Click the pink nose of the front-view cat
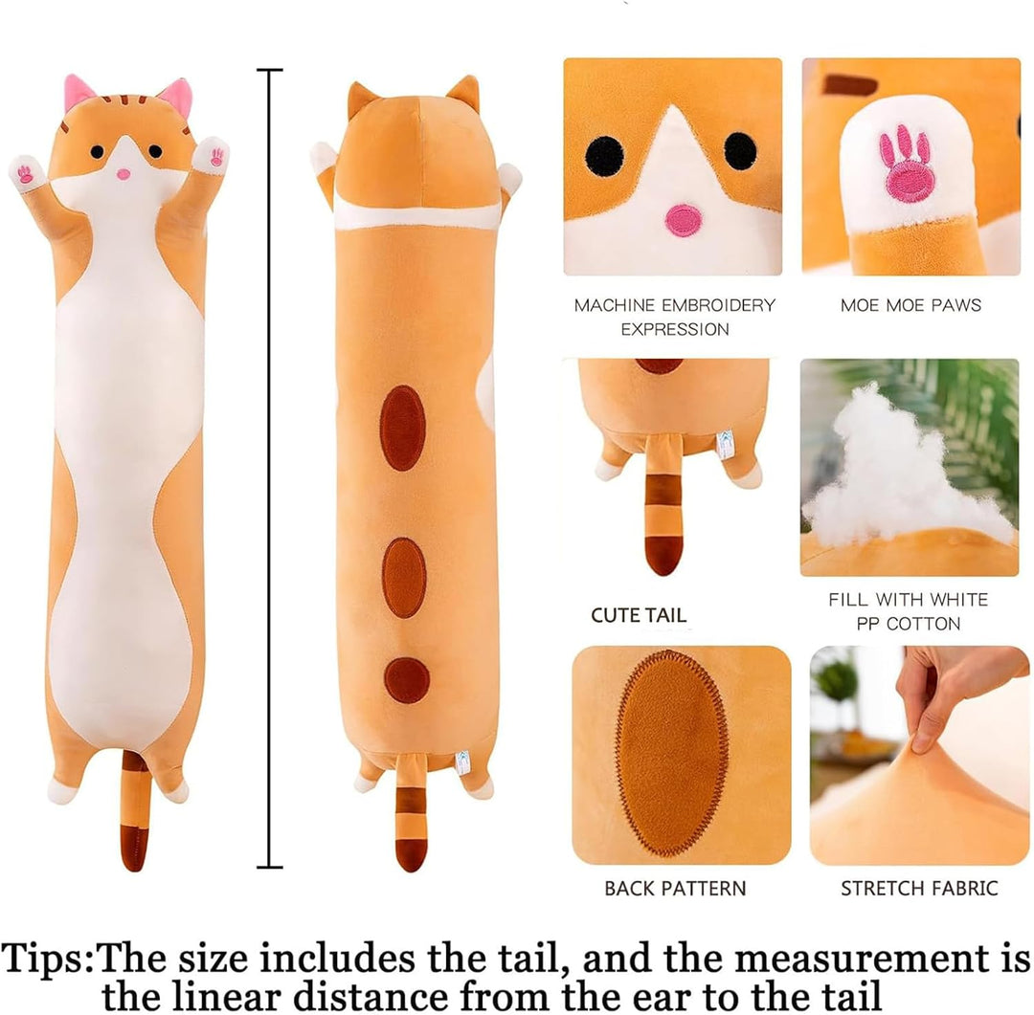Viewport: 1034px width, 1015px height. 124,174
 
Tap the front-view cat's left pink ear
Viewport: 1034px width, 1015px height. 79,93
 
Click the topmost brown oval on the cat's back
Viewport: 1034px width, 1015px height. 402,428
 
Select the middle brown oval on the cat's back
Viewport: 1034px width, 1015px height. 404,577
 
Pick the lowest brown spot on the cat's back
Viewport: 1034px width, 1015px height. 406,679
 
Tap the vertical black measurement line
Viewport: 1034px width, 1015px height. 271,469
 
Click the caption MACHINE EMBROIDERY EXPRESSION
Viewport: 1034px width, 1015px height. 674,317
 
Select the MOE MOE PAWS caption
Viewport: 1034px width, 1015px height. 910,305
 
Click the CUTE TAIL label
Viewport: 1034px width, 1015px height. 639,615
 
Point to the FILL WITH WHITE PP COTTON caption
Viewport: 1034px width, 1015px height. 909,611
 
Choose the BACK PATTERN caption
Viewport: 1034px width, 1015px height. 674,888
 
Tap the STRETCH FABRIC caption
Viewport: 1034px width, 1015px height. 919,888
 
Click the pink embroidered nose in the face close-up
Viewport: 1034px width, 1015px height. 683,220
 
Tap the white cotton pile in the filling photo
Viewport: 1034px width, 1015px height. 890,478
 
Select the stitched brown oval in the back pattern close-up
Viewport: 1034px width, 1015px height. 671,753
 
